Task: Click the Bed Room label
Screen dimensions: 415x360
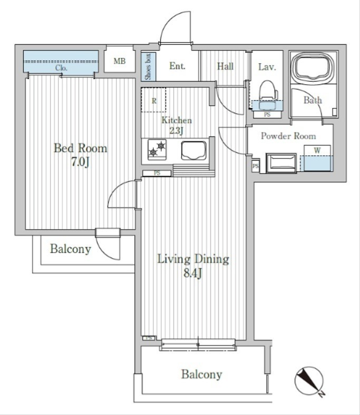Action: point(80,148)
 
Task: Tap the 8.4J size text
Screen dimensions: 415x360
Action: point(193,274)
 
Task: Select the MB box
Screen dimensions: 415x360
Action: point(120,62)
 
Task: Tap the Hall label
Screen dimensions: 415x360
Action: point(225,66)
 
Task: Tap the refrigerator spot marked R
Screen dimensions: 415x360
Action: point(153,100)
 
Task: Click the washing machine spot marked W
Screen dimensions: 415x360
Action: point(317,157)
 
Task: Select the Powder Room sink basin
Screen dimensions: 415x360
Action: point(282,162)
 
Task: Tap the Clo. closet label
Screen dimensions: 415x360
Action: point(61,68)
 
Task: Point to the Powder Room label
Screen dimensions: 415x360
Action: point(288,136)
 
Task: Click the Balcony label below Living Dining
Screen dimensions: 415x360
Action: point(201,374)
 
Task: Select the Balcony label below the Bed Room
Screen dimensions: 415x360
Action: point(70,249)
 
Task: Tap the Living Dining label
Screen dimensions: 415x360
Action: point(193,259)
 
